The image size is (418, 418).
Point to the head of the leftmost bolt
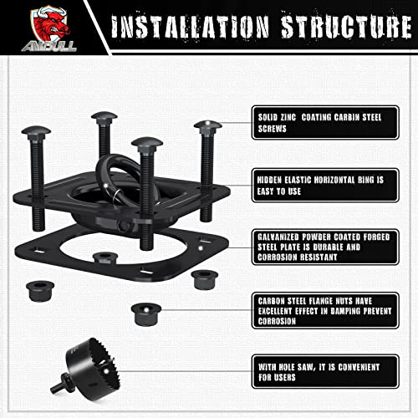pyautogui.click(x=37, y=148)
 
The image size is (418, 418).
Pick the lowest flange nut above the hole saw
pyautogui.click(x=145, y=314)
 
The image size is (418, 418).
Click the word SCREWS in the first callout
pyautogui.click(x=268, y=130)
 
